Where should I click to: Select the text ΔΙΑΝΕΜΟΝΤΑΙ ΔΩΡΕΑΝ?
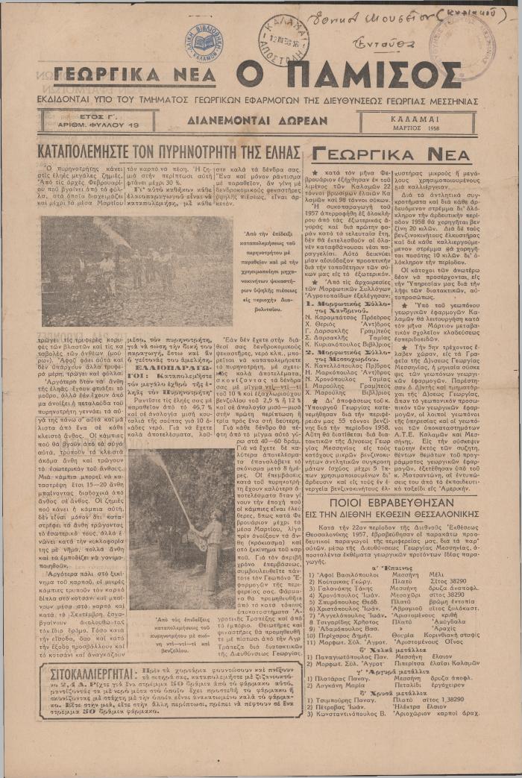[x=257, y=119]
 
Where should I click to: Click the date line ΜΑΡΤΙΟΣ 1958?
[x=424, y=128]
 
